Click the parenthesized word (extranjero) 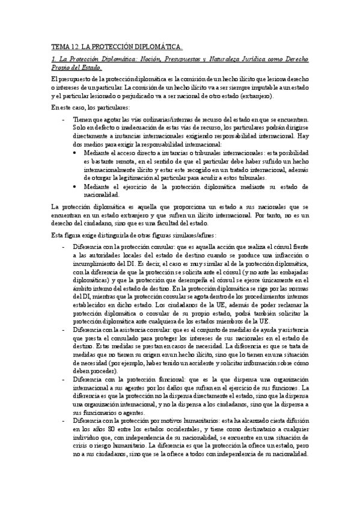(255, 96)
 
